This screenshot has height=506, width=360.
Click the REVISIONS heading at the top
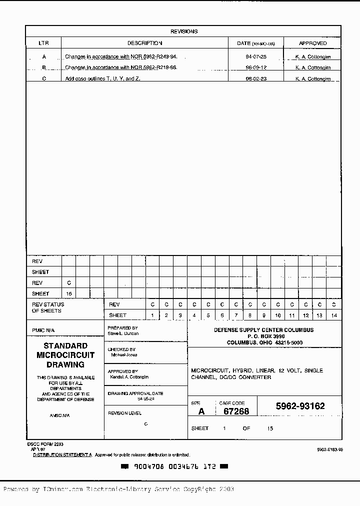click(183, 31)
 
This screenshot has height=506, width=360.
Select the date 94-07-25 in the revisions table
click(256, 57)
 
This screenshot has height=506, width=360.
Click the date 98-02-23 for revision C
click(256, 79)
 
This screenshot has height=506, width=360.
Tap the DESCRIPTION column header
click(144, 43)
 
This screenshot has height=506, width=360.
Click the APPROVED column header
click(312, 43)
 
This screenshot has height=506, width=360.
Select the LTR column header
click(43, 43)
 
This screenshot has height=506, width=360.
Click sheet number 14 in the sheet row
click(334, 315)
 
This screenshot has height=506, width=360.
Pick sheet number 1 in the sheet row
click(152, 315)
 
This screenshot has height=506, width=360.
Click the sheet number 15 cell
click(69, 294)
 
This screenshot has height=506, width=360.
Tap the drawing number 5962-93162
click(300, 406)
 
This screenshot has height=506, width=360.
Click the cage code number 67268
click(236, 411)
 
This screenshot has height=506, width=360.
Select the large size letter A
click(201, 411)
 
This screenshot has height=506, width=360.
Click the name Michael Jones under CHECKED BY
click(124, 355)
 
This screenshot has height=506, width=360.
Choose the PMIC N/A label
click(43, 330)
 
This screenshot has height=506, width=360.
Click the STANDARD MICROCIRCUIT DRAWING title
click(65, 355)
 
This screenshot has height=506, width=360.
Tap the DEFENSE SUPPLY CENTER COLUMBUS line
click(264, 330)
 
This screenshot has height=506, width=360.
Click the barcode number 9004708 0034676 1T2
click(174, 466)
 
